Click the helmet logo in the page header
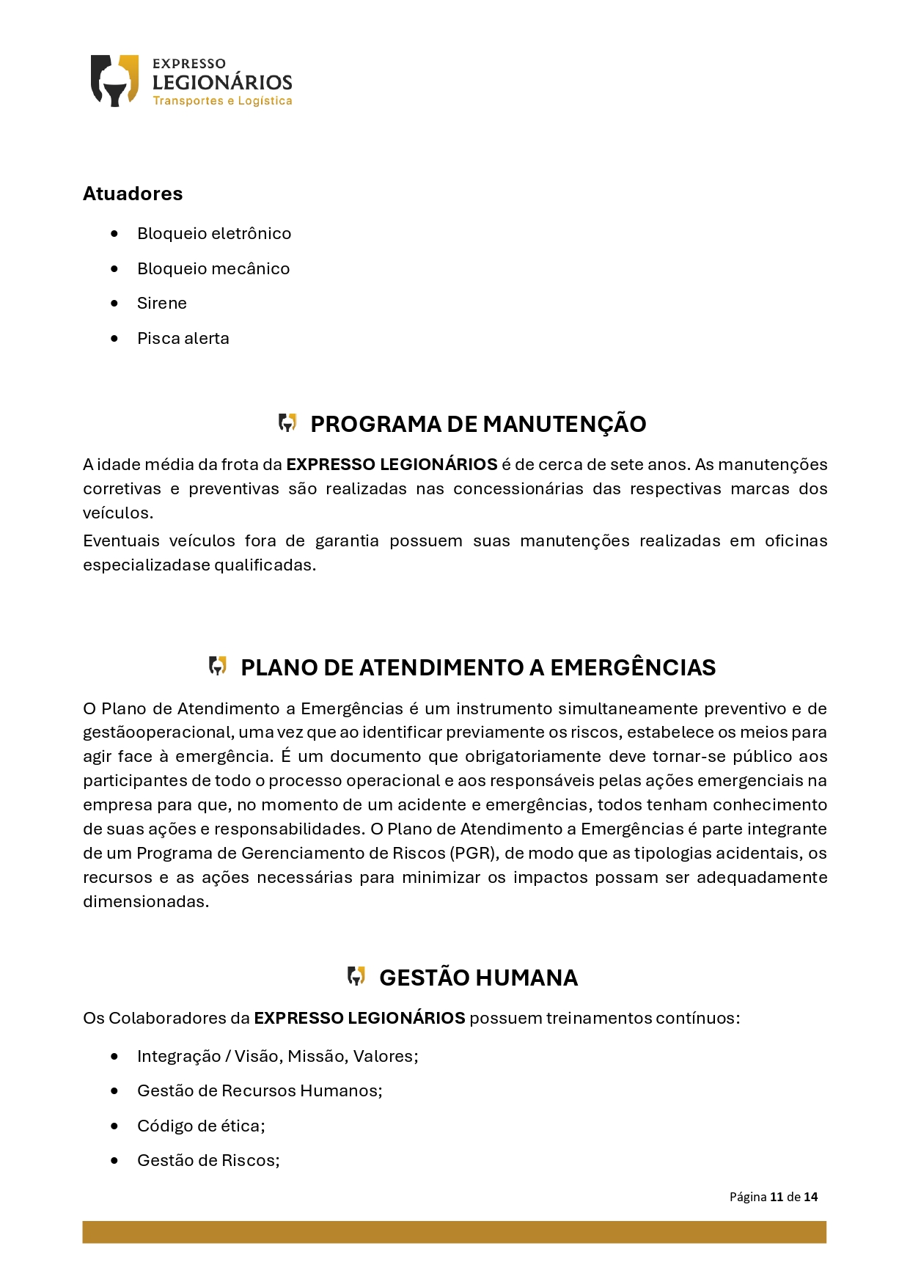click(x=114, y=81)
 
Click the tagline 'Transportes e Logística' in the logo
click(x=222, y=101)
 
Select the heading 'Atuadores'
click(x=133, y=194)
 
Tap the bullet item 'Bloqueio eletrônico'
click(x=214, y=233)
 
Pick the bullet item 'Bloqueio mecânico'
click(x=213, y=268)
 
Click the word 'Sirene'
click(x=162, y=303)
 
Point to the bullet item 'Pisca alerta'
click(x=183, y=338)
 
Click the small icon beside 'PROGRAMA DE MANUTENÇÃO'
click(x=287, y=422)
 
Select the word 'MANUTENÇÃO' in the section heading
click(x=564, y=424)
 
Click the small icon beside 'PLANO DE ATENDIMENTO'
click(x=218, y=666)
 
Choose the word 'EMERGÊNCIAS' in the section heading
click(x=633, y=667)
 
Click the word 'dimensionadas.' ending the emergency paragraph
click(x=146, y=901)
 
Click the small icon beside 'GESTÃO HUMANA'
click(x=356, y=976)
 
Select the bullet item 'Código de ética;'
click(x=201, y=1126)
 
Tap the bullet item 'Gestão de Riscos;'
click(x=208, y=1160)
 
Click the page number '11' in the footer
click(x=777, y=1197)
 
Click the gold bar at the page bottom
click(x=454, y=1231)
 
